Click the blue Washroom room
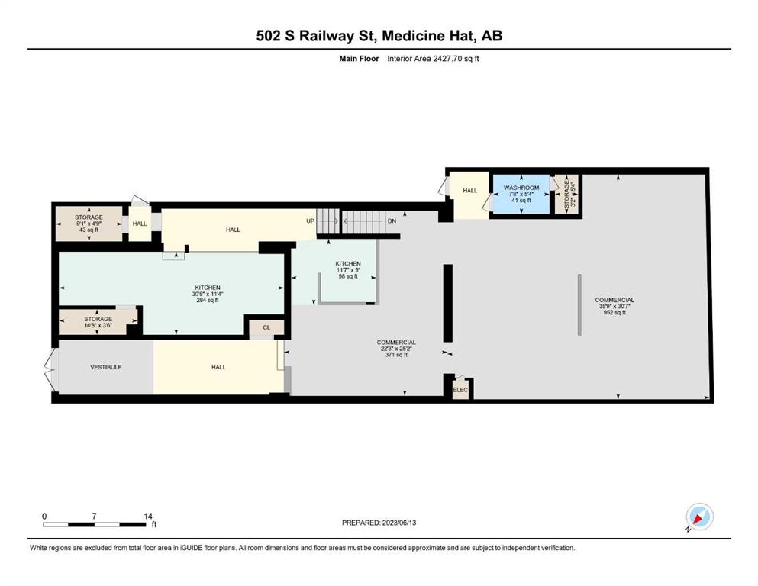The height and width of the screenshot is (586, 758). point(521,194)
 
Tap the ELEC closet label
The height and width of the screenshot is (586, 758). point(460,390)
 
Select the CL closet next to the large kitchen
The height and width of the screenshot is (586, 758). point(266,327)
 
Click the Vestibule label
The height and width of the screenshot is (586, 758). point(106,367)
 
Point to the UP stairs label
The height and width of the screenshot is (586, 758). point(311,221)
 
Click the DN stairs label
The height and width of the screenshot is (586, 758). point(392,221)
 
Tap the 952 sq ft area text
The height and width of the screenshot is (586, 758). point(614,313)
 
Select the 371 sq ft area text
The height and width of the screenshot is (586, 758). point(396,355)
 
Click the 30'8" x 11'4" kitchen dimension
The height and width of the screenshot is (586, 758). point(208,294)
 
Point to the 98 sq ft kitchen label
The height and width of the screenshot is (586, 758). point(348,276)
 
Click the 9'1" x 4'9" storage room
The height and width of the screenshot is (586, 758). point(89,224)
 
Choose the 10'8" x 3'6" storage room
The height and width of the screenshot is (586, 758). point(98,322)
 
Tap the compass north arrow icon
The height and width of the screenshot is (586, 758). point(699,517)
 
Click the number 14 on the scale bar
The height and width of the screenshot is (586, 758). point(148,516)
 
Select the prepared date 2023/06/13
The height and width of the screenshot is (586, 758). point(399,523)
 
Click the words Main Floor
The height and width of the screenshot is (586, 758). point(359,59)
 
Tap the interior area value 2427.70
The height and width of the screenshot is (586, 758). point(447,59)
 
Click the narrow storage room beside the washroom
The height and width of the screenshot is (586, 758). point(566,194)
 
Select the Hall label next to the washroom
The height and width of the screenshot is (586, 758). point(470,190)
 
